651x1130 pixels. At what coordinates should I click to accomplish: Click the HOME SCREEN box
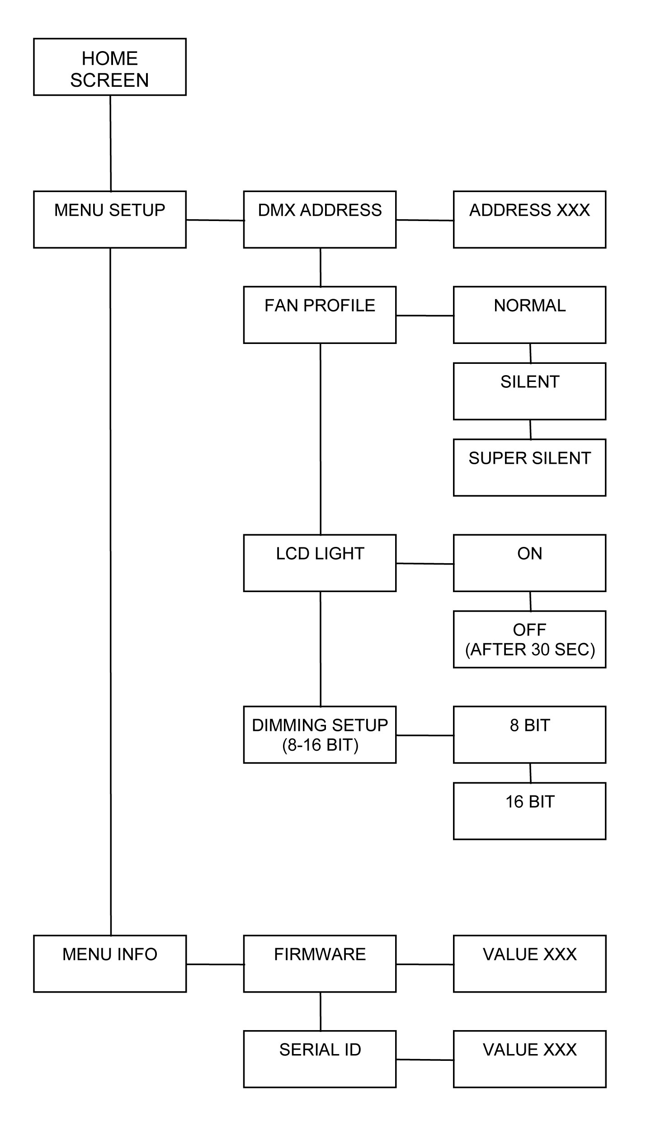110,67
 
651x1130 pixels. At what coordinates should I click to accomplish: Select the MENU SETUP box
110,220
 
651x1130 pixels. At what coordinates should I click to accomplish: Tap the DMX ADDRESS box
320,220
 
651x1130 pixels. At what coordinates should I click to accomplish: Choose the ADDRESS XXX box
529,220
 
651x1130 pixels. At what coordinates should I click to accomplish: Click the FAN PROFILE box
320,315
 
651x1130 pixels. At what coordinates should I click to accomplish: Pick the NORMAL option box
529,315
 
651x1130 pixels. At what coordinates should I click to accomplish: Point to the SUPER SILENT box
529,468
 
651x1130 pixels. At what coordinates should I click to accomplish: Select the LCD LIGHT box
320,563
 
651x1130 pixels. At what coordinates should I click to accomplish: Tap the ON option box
529,563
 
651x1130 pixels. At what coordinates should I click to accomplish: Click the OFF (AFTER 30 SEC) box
529,640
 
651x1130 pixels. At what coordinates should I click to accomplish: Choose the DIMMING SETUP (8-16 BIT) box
320,735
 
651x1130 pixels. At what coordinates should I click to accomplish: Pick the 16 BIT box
529,811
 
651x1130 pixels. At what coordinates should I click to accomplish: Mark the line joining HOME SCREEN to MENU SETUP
110,143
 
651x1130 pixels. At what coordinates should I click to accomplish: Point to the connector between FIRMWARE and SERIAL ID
321,1012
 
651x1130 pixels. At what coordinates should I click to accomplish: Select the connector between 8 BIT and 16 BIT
530,773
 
